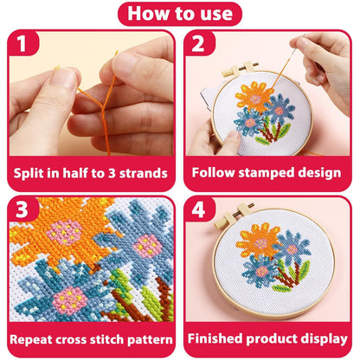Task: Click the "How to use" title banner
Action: click(x=179, y=14)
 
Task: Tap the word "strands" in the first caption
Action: click(x=141, y=173)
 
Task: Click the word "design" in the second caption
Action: click(x=318, y=173)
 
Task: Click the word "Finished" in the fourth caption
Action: click(x=220, y=338)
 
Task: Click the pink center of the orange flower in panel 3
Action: click(x=62, y=230)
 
